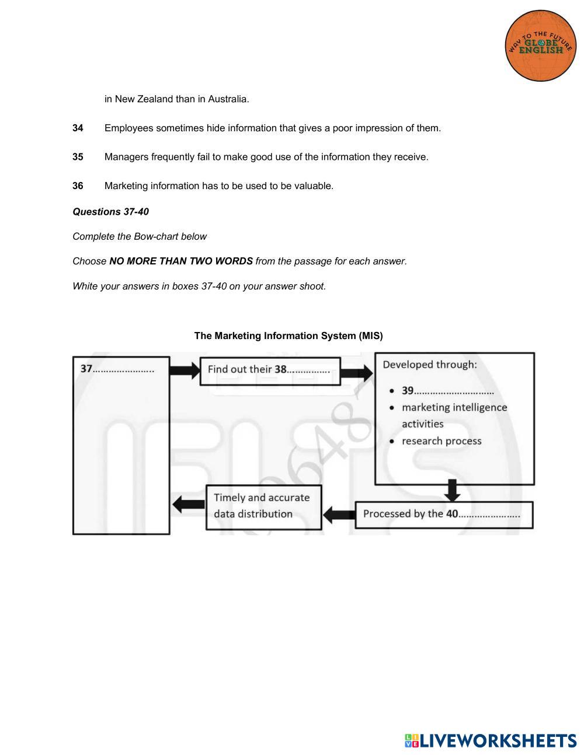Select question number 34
78,128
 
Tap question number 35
78,157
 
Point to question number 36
78,186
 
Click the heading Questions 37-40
110,212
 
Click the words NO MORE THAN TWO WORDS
181,261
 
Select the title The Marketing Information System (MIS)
288,336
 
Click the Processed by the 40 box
443,514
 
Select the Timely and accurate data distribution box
263,506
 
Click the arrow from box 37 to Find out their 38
185,370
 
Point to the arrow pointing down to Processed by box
452,491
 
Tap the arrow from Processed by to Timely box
339,515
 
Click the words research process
442,441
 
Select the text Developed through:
430,365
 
